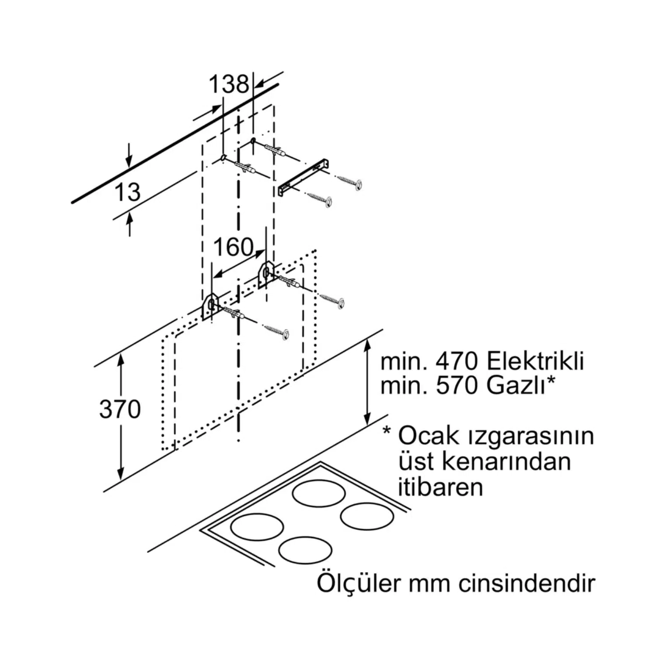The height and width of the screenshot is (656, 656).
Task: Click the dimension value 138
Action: pos(228,84)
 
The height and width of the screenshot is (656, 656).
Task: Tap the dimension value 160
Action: pos(234,247)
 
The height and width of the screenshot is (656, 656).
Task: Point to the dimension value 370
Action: pos(120,409)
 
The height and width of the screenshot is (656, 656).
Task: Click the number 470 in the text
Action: pos(458,362)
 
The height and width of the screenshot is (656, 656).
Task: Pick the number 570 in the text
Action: pos(458,386)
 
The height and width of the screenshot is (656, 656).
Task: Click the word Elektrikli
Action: pos(535,362)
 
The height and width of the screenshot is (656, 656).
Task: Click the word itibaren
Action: pos(440,487)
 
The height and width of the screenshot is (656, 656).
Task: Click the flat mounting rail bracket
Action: pos(304,178)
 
